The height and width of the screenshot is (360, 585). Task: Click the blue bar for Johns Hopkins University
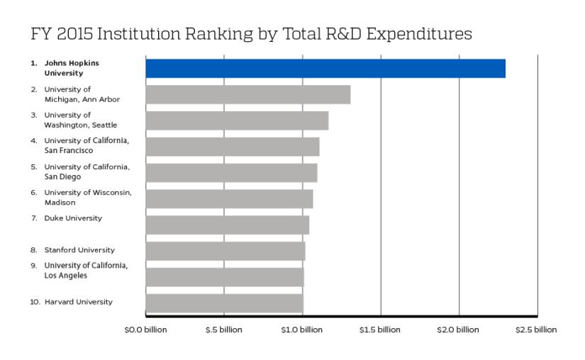(325, 68)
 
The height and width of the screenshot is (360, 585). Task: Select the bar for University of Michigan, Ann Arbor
(248, 94)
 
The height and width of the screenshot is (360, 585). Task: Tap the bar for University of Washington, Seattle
(237, 120)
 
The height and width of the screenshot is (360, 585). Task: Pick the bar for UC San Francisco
(233, 147)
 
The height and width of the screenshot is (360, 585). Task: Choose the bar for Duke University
(227, 225)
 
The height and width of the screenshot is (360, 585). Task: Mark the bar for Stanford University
(225, 251)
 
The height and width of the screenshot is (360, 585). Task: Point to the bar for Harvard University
(224, 303)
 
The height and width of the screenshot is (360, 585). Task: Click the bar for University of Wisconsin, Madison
(229, 198)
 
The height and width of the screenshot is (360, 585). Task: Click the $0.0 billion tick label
(146, 330)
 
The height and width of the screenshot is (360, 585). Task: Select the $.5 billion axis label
(224, 330)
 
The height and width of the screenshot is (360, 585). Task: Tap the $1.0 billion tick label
(302, 330)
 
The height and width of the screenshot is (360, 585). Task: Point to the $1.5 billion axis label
(381, 330)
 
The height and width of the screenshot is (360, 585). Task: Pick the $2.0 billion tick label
(459, 330)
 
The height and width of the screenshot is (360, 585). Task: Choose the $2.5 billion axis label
(537, 330)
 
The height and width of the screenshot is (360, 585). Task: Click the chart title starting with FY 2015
(251, 33)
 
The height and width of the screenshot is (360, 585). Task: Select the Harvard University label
(78, 302)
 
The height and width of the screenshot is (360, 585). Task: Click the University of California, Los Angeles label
(85, 270)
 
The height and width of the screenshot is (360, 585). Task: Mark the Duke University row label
(72, 218)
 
